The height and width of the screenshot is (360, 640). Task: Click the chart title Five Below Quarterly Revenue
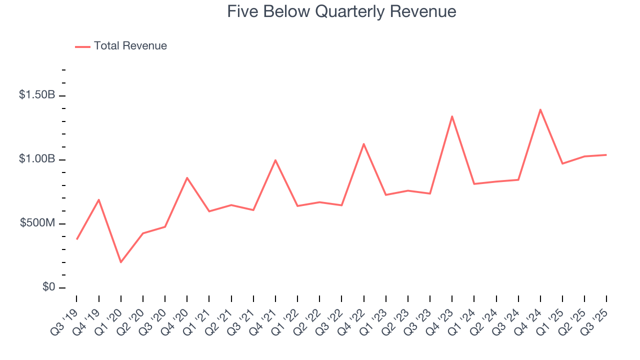(x=341, y=11)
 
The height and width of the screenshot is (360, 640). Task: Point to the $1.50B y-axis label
(x=37, y=95)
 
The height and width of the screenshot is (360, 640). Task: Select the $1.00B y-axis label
(x=37, y=159)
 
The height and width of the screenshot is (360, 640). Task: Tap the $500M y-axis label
(x=38, y=223)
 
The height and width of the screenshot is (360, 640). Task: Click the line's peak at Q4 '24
(x=540, y=109)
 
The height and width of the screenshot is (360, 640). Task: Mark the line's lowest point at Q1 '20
(x=121, y=262)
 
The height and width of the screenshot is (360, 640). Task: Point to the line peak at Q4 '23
(x=452, y=116)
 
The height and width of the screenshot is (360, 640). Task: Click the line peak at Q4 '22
(x=363, y=144)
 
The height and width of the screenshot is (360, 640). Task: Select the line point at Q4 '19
(x=99, y=199)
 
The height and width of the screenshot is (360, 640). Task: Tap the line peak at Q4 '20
(x=187, y=177)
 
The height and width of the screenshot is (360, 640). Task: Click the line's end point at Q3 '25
(x=606, y=155)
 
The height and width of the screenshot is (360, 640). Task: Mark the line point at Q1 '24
(x=474, y=184)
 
